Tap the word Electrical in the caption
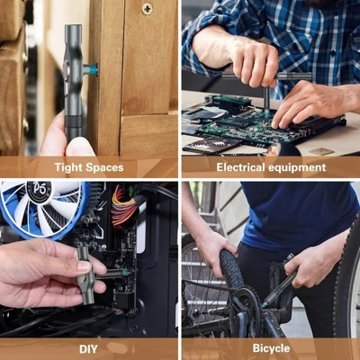242,167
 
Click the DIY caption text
89,347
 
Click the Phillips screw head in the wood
147,9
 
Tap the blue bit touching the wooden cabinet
91,69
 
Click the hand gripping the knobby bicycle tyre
211,247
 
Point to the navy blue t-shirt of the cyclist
288,216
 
